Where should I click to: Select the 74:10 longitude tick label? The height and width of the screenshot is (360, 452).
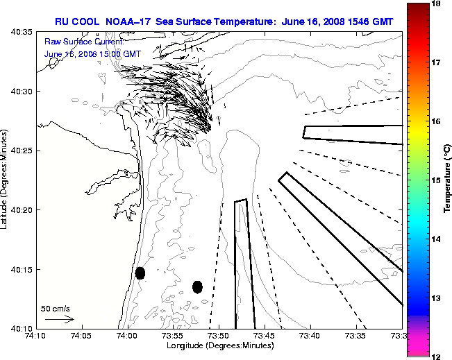(x=36, y=336)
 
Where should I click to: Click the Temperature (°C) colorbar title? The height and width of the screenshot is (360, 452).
(x=447, y=180)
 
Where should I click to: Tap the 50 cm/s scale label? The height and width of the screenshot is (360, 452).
(x=55, y=308)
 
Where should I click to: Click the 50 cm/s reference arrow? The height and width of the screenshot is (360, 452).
(x=59, y=319)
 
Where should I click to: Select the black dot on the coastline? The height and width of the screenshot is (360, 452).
(x=140, y=273)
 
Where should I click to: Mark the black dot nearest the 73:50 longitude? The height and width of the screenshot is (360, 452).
(x=197, y=286)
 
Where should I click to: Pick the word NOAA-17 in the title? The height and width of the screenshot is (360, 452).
(x=128, y=22)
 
